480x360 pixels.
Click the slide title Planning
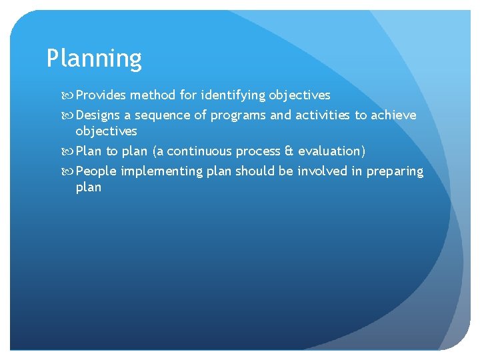point(94,59)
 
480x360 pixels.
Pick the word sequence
point(163,115)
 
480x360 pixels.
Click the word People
point(97,171)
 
